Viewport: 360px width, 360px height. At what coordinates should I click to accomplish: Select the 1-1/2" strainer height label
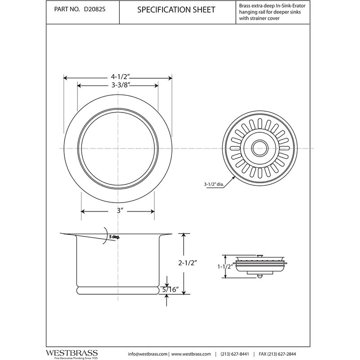224,266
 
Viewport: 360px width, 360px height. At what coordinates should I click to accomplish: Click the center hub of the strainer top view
260,147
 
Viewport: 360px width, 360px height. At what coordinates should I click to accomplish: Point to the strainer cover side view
260,265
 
